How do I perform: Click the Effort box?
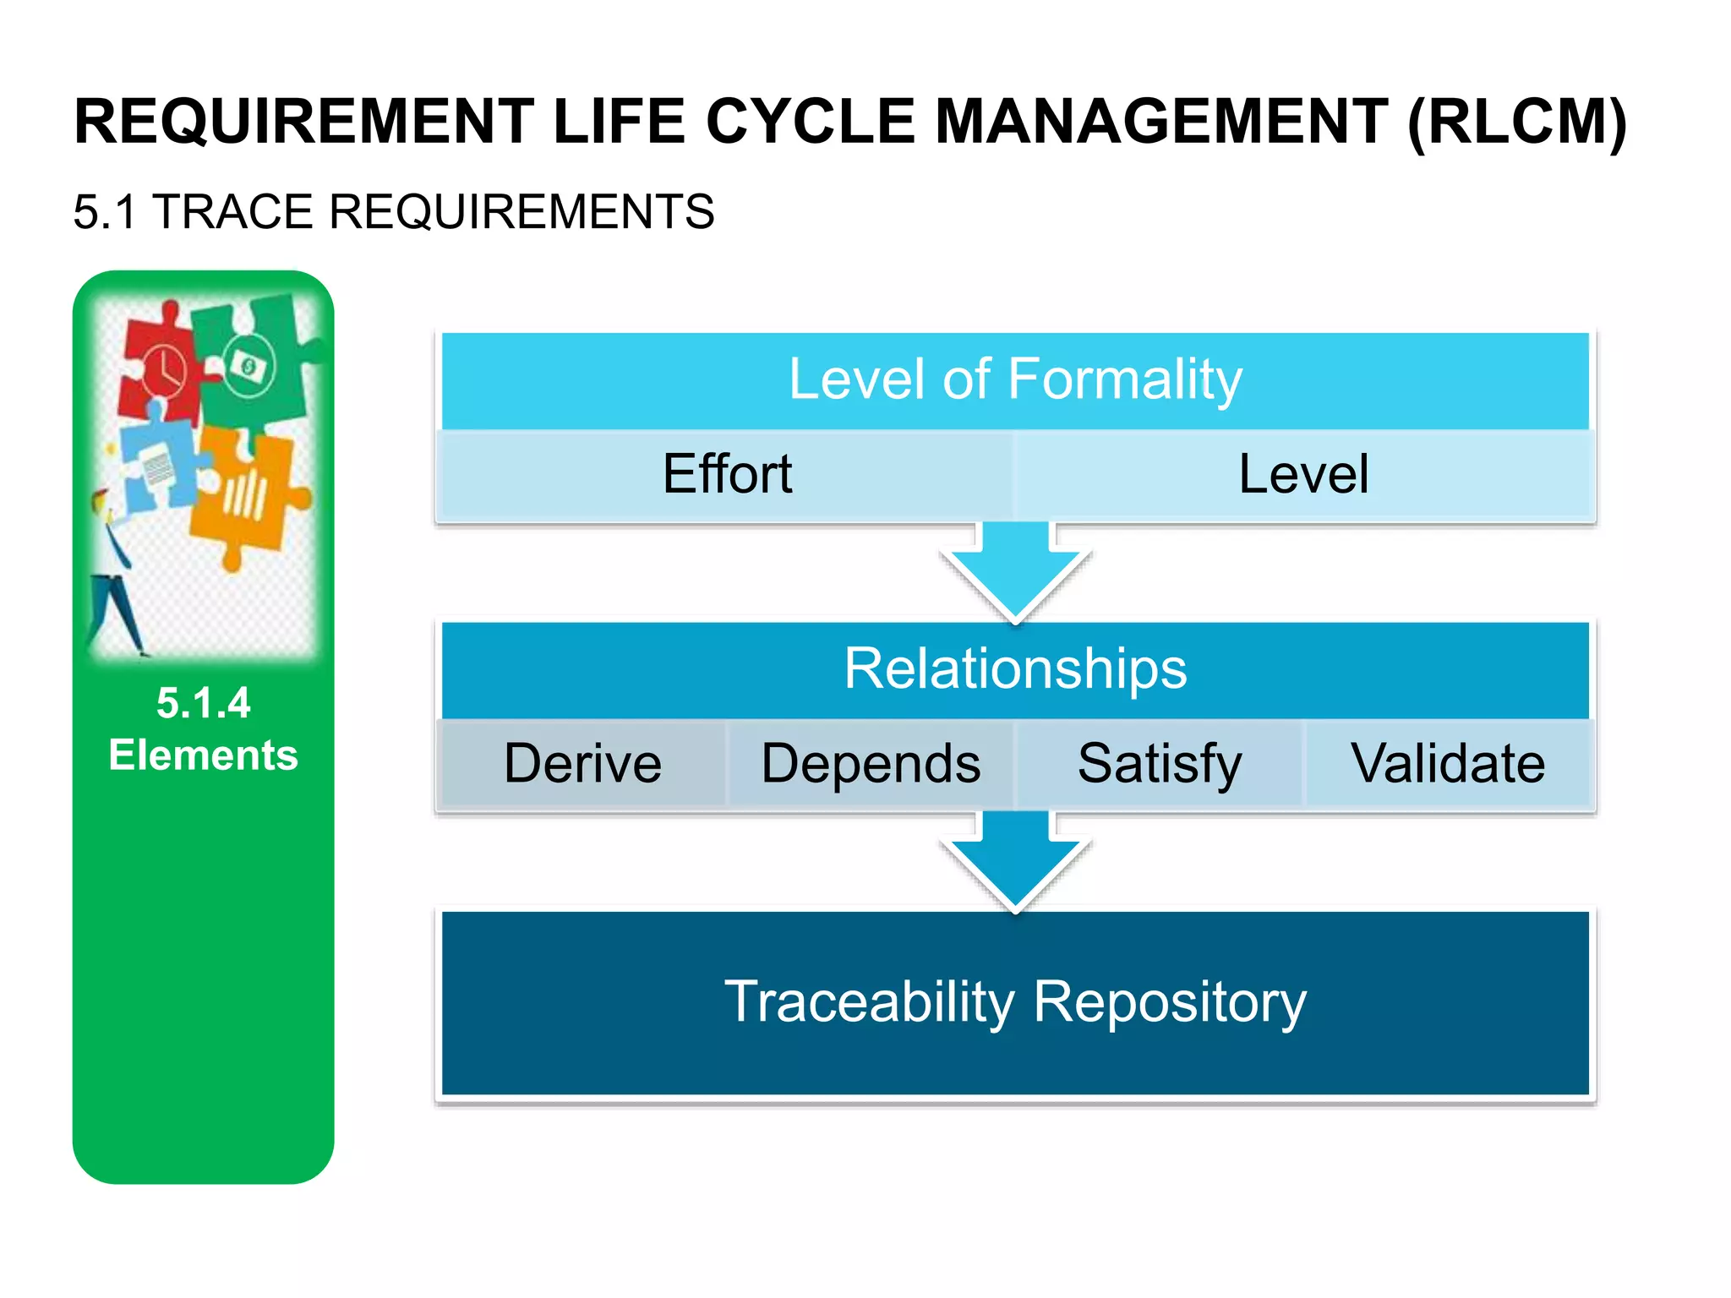(727, 474)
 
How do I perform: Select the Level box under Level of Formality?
(1303, 474)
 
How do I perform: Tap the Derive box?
(582, 764)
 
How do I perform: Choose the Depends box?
(871, 764)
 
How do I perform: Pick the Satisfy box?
(1160, 764)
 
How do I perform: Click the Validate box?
(1448, 764)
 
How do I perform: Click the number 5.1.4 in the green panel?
(203, 703)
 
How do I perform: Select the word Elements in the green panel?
(203, 755)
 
